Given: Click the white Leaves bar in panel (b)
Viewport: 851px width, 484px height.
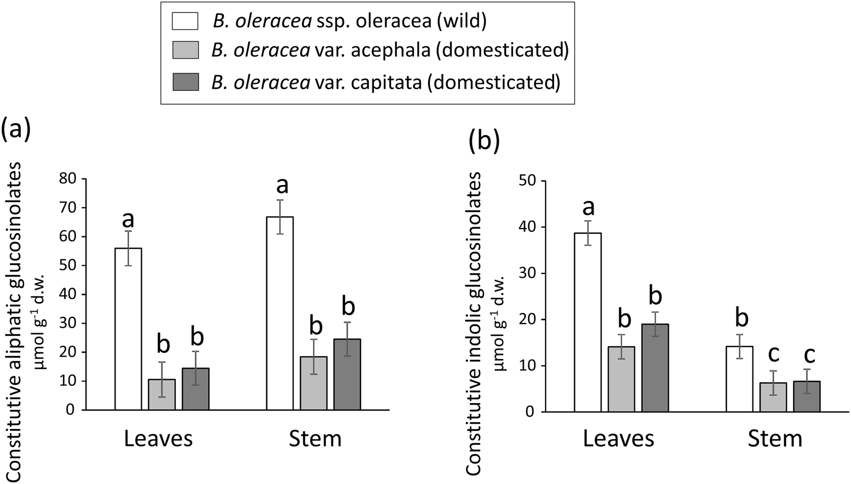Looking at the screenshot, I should [x=588, y=322].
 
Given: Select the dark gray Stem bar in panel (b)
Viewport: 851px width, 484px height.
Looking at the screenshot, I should [x=807, y=396].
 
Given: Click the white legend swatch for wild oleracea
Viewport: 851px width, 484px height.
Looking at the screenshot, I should [x=185, y=22].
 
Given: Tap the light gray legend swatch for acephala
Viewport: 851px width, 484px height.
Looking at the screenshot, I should [x=185, y=52].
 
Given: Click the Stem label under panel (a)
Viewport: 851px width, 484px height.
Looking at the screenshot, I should [x=315, y=439].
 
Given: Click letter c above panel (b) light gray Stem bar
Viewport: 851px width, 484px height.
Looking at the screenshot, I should [x=773, y=355].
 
